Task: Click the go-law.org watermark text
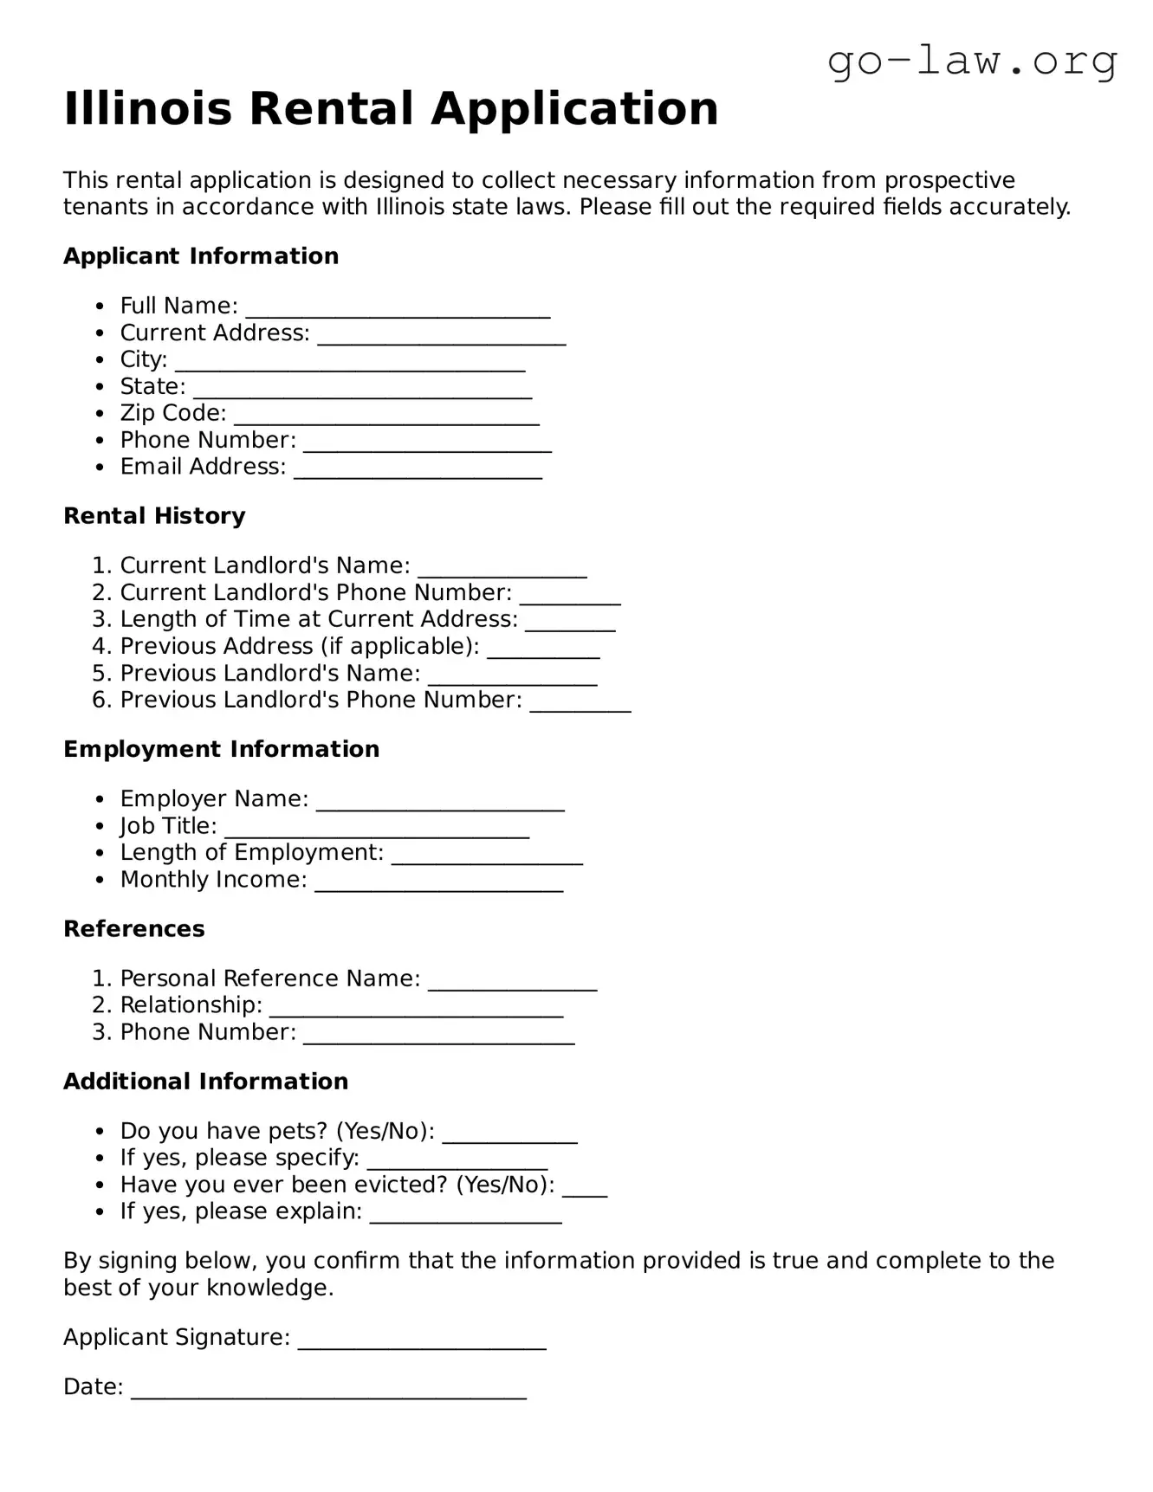pyautogui.click(x=972, y=61)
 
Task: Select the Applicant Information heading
pyautogui.click(x=201, y=256)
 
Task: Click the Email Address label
pyautogui.click(x=203, y=467)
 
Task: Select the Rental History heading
pyautogui.click(x=154, y=516)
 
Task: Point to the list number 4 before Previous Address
pyautogui.click(x=100, y=647)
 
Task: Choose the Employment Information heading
pyautogui.click(x=221, y=749)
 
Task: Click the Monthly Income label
pyautogui.click(x=213, y=880)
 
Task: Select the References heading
pyautogui.click(x=134, y=929)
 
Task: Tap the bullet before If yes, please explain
pyautogui.click(x=101, y=1212)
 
